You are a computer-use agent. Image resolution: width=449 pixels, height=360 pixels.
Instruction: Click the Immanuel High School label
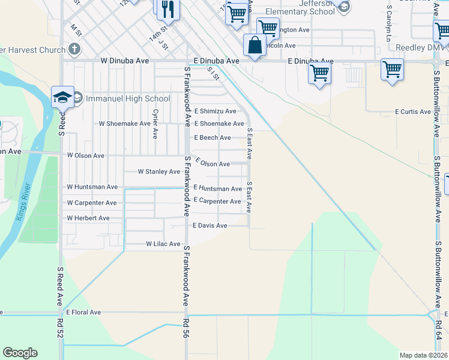(129, 98)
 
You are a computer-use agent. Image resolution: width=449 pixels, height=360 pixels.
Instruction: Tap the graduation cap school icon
(62, 97)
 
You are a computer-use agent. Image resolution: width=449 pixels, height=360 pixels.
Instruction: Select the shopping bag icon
(255, 45)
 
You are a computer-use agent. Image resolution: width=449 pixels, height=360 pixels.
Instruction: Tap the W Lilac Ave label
(163, 244)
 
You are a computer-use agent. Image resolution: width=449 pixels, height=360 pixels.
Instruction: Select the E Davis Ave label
(209, 226)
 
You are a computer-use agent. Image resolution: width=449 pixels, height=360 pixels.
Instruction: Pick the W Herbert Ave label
(88, 218)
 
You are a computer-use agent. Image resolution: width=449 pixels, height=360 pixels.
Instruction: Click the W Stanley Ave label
(158, 172)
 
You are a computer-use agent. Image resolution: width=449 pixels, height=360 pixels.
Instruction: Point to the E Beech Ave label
(212, 138)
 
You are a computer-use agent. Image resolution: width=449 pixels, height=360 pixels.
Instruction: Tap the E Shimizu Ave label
(215, 112)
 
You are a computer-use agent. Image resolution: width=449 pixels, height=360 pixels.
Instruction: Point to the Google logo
(20, 353)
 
